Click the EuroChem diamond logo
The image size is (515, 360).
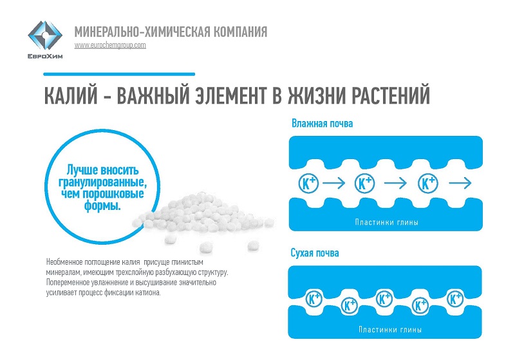[45, 35]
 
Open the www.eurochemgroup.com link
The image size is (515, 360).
[110, 45]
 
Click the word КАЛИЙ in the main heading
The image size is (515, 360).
[71, 95]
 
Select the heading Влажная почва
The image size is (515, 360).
[323, 124]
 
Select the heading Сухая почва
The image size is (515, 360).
[315, 253]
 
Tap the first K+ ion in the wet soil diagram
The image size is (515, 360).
[308, 184]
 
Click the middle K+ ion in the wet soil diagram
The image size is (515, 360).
[365, 184]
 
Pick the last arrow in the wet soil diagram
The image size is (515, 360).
[460, 183]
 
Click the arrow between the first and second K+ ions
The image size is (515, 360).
[333, 183]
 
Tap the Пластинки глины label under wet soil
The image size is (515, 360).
[387, 222]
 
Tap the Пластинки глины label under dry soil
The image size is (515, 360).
[390, 330]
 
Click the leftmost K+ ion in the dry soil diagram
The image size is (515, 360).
[314, 299]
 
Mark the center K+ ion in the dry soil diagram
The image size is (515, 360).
[384, 299]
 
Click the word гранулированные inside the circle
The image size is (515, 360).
[102, 182]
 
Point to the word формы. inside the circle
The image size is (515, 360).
[102, 205]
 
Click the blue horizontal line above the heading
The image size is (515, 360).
[119, 74]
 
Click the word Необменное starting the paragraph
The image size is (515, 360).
[65, 262]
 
